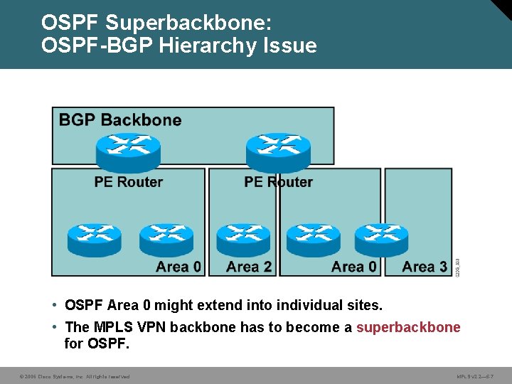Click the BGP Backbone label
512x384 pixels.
[120, 119]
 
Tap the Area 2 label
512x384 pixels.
[249, 267]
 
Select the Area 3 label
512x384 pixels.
[425, 267]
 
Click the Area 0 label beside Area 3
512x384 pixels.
[354, 267]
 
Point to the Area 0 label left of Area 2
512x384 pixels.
[178, 267]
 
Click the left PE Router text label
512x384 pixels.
[129, 182]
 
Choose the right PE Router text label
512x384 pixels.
[278, 182]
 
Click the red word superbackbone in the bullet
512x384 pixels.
[408, 327]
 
